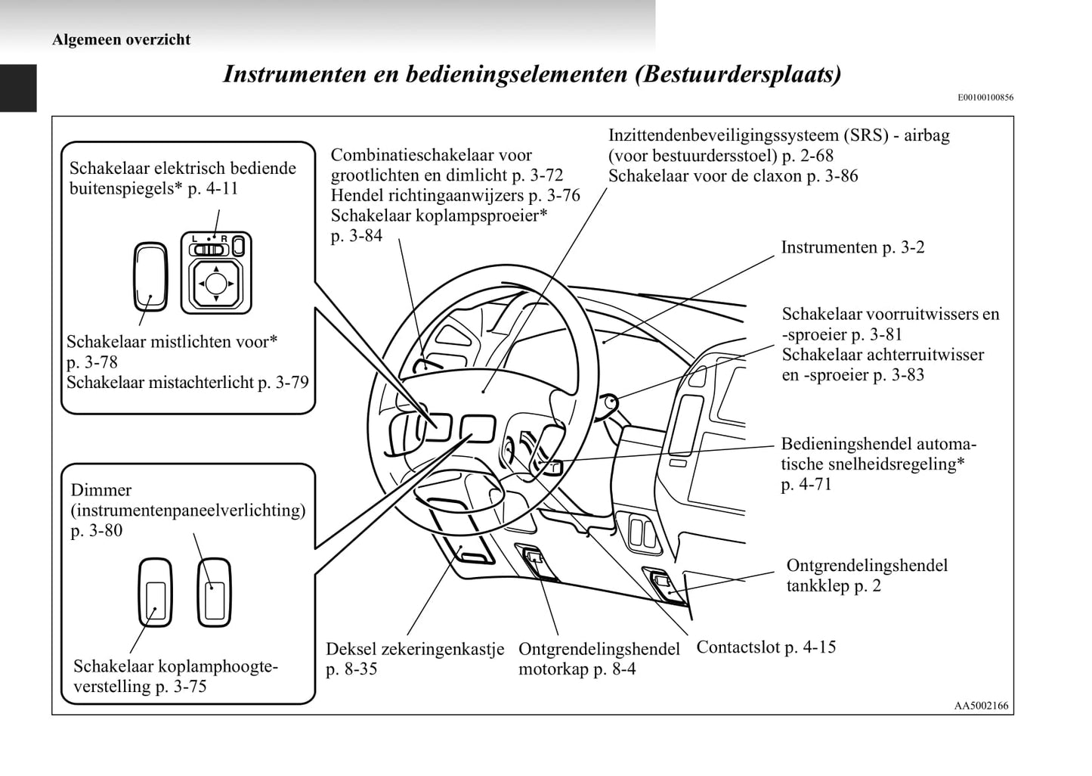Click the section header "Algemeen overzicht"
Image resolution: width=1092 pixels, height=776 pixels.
click(x=121, y=40)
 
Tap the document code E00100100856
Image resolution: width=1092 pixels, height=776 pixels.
click(x=985, y=98)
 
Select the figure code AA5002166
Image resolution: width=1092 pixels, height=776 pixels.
click(x=981, y=706)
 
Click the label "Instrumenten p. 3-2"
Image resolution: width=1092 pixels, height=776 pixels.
click(x=852, y=247)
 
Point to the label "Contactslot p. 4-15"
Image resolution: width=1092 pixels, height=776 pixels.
click(x=766, y=647)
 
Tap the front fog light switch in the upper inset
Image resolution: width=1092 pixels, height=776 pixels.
click(x=150, y=276)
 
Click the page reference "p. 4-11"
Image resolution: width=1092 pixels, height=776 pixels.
click(x=212, y=188)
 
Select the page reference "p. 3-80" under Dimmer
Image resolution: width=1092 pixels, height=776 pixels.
click(x=97, y=531)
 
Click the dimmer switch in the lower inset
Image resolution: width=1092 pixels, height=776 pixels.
click(x=214, y=593)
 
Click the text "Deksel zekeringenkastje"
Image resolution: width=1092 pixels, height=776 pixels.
click(x=414, y=649)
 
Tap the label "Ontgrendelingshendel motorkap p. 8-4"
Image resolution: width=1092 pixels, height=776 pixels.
click(x=599, y=659)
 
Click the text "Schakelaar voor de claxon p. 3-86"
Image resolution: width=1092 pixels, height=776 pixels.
click(x=733, y=176)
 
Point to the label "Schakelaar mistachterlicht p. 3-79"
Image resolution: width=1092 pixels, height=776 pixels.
click(x=187, y=382)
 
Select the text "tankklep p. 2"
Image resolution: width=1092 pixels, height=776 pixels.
click(x=833, y=586)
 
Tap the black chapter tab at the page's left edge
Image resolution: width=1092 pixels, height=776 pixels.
click(x=17, y=88)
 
